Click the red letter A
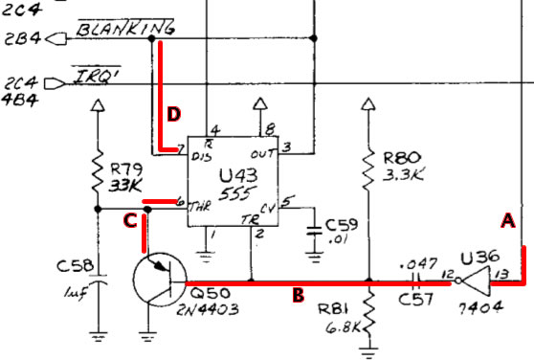508,221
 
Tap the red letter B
299,295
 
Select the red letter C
130,221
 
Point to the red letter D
173,114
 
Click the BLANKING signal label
125,28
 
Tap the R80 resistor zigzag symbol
367,169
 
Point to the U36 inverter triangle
476,281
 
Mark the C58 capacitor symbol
98,280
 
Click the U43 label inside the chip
238,176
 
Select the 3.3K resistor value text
403,175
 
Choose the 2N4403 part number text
208,309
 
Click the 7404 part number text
480,307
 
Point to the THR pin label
200,207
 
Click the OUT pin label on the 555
262,154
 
